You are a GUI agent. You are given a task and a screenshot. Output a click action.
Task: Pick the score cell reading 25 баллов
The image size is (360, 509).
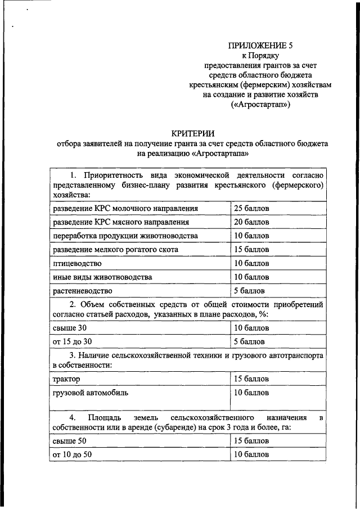(251, 209)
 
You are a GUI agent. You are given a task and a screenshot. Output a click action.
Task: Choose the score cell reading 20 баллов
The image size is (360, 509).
(251, 222)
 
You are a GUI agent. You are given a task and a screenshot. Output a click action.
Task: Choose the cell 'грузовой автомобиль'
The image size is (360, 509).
(90, 393)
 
